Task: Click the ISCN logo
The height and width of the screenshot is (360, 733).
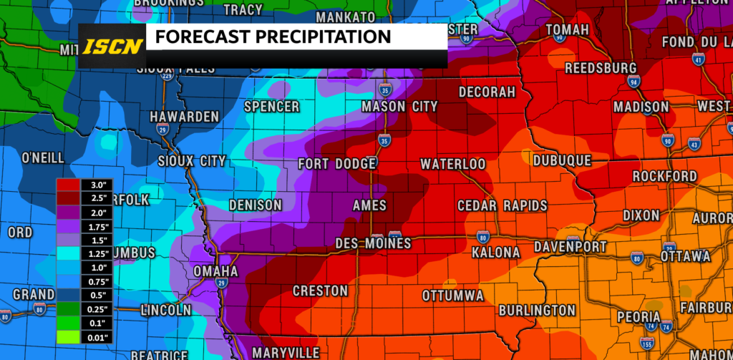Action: pyautogui.click(x=110, y=46)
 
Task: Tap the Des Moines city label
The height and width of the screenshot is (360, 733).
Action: pyautogui.click(x=373, y=244)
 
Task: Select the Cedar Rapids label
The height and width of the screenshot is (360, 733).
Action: pyautogui.click(x=503, y=206)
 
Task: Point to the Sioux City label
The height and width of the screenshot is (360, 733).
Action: pyautogui.click(x=192, y=161)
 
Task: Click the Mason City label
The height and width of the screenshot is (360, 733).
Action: pyautogui.click(x=399, y=107)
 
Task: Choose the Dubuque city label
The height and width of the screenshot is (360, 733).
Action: pyautogui.click(x=562, y=161)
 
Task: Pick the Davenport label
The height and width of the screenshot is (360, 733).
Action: pyautogui.click(x=571, y=247)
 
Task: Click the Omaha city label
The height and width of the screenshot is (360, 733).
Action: pyautogui.click(x=215, y=272)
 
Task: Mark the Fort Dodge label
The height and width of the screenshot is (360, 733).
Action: pyautogui.click(x=337, y=164)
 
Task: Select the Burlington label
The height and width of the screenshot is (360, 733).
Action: pyautogui.click(x=537, y=310)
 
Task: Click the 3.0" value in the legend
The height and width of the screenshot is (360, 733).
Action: pyautogui.click(x=97, y=185)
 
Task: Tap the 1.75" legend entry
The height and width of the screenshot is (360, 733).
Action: pyautogui.click(x=97, y=226)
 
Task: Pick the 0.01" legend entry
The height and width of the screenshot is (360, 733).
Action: pyautogui.click(x=97, y=337)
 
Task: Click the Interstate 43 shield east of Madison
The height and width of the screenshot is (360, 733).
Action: pyautogui.click(x=694, y=145)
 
